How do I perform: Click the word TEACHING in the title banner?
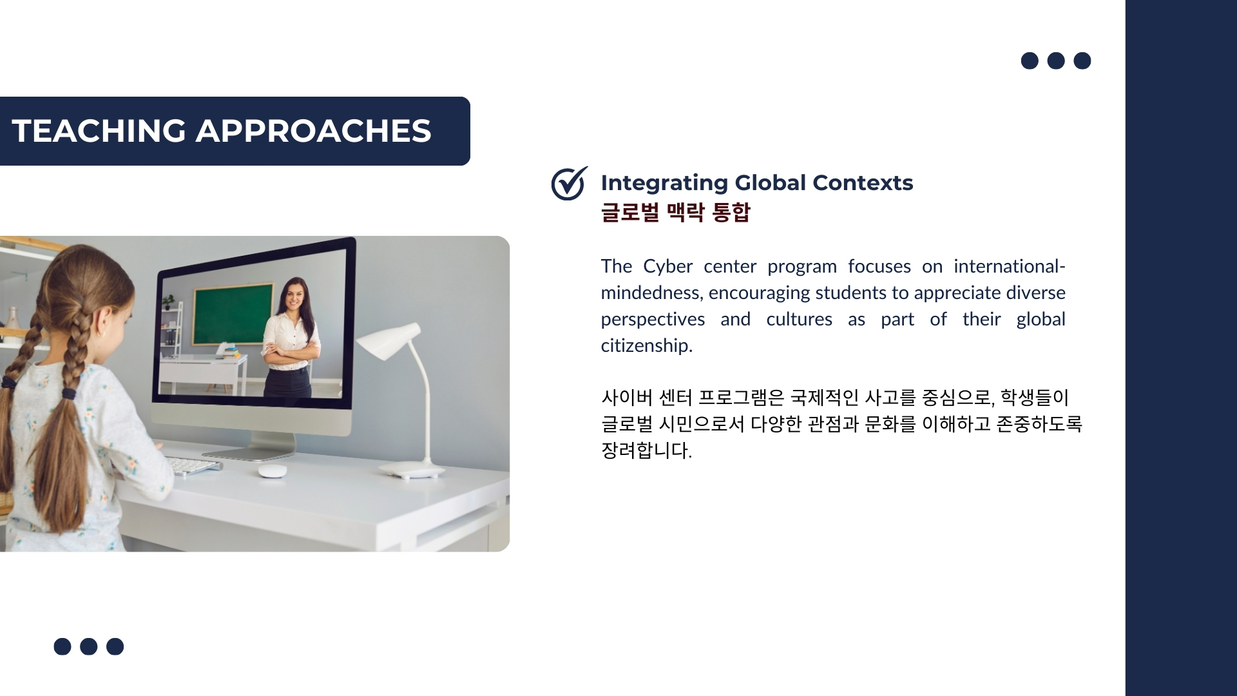(x=99, y=131)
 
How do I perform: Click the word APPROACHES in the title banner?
(x=313, y=131)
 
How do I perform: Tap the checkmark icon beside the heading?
(x=569, y=183)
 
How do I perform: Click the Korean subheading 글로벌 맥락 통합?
(x=675, y=212)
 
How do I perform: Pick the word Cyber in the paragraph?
(x=668, y=267)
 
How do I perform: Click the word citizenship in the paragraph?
(x=646, y=346)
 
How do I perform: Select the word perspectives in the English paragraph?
(x=653, y=320)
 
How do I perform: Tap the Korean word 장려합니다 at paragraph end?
(x=646, y=450)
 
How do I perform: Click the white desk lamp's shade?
(x=388, y=340)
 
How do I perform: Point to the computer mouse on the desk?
(x=273, y=471)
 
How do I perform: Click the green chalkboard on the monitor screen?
(x=232, y=314)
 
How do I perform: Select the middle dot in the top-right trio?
(x=1056, y=61)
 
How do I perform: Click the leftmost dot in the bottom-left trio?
(x=62, y=646)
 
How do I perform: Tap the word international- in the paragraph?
(x=1010, y=267)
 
